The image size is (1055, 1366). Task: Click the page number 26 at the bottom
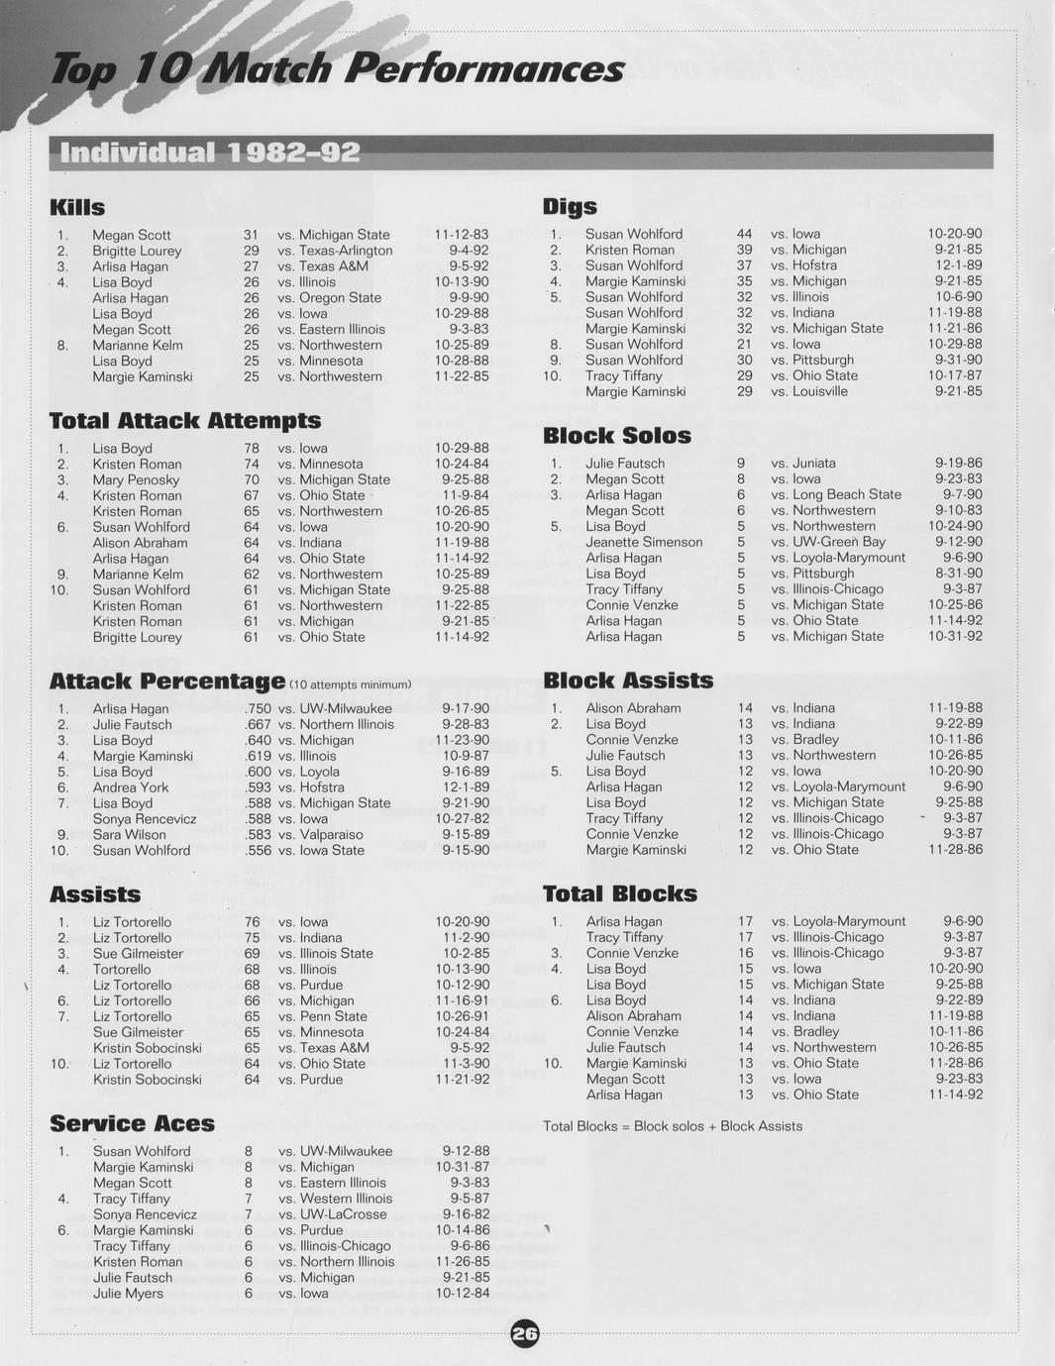click(x=525, y=1334)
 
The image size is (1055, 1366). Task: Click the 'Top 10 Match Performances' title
click(x=337, y=68)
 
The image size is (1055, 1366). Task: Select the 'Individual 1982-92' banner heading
click(x=210, y=153)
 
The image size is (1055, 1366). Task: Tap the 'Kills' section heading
click(x=77, y=207)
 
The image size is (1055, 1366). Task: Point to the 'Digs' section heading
click(x=570, y=206)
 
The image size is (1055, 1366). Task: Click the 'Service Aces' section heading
click(x=132, y=1123)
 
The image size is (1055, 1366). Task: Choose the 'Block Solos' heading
click(x=616, y=436)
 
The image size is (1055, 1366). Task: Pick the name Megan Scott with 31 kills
click(x=132, y=235)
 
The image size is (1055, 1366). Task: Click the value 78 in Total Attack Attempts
click(x=252, y=449)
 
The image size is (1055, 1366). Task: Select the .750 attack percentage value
click(x=258, y=709)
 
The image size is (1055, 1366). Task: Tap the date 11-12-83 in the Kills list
click(x=462, y=235)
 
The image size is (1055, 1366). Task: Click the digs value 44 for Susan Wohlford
click(x=744, y=234)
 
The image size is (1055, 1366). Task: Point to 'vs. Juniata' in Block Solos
click(x=803, y=464)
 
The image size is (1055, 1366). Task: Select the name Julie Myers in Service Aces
click(x=128, y=1294)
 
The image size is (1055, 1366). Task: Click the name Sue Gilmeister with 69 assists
click(x=138, y=954)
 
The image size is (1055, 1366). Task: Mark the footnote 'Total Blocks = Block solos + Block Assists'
click(x=673, y=1126)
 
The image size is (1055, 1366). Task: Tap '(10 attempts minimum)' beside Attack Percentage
click(x=350, y=684)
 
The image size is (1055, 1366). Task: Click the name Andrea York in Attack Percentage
click(x=131, y=788)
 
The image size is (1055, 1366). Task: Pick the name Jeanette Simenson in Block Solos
click(x=644, y=542)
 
